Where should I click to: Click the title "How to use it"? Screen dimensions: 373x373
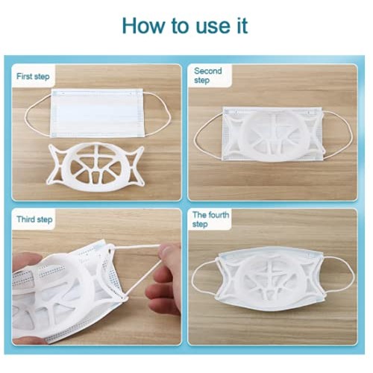184,25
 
